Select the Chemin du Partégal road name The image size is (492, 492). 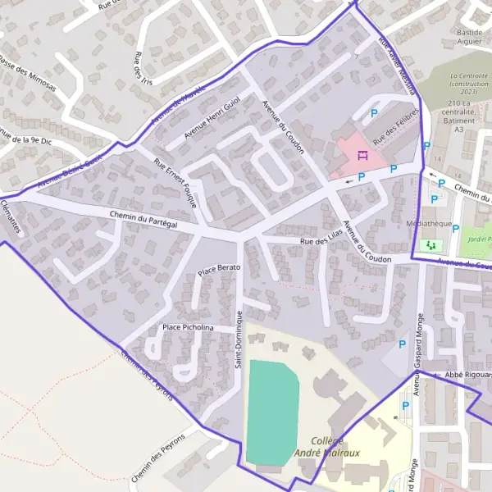tap(143, 220)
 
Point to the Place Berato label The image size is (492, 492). tap(218, 269)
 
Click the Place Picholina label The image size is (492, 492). tap(188, 327)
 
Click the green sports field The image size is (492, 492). tap(272, 410)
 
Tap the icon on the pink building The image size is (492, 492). tap(360, 155)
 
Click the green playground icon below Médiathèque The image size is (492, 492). tap(430, 245)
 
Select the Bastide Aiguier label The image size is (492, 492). tap(468, 37)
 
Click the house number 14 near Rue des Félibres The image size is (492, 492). tap(438, 157)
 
